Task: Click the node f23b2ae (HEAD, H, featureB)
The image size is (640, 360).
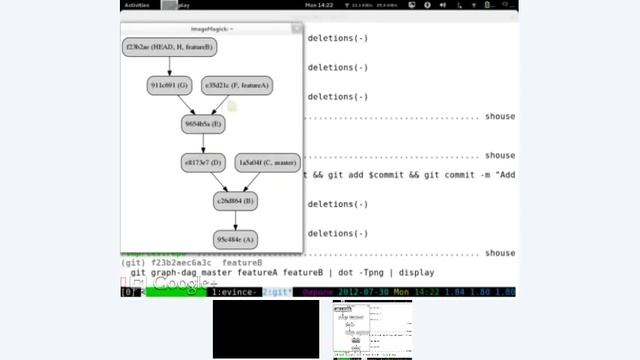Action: click(x=170, y=47)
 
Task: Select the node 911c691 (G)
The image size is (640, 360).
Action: click(x=169, y=86)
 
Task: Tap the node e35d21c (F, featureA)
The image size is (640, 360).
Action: click(x=237, y=86)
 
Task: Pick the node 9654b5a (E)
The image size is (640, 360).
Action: click(x=203, y=124)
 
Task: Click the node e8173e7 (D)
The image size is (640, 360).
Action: click(x=202, y=162)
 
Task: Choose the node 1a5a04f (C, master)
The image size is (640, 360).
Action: click(x=267, y=162)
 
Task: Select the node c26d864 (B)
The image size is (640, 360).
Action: click(x=235, y=201)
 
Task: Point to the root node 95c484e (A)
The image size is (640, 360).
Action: click(x=235, y=239)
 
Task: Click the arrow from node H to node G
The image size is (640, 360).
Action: click(x=170, y=66)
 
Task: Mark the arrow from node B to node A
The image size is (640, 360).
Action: click(x=235, y=220)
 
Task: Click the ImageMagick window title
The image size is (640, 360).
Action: click(x=211, y=29)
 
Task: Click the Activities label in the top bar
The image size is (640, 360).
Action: click(x=137, y=5)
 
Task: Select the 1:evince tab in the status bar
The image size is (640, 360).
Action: click(x=235, y=291)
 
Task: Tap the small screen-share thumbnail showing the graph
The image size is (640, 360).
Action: click(x=372, y=328)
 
